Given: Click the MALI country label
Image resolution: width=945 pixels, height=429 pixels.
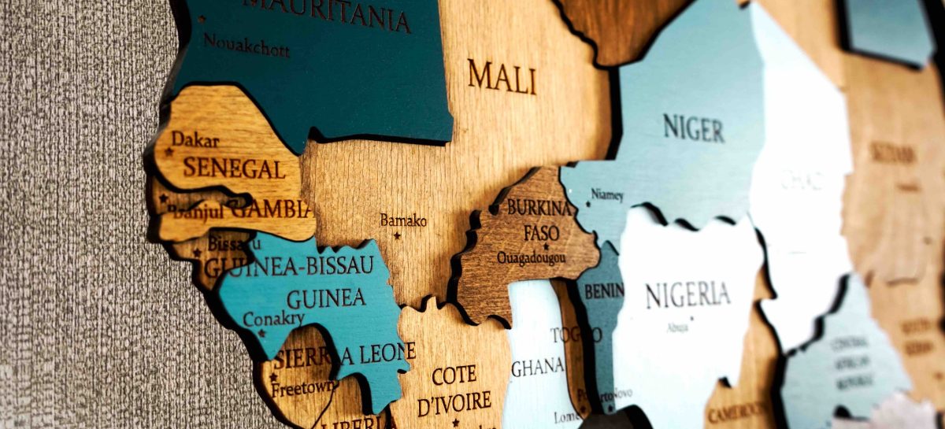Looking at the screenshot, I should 502,76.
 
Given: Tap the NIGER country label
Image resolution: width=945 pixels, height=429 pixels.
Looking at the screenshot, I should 693,127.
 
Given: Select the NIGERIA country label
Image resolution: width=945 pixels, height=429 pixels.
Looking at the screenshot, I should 687,295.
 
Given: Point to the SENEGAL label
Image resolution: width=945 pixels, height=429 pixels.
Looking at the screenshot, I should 234,168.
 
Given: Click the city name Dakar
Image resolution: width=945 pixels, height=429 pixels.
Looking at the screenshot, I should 195,140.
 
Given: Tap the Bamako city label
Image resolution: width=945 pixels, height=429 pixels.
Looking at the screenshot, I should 403,220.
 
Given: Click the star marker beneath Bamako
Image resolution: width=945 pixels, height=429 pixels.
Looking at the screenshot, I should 397,235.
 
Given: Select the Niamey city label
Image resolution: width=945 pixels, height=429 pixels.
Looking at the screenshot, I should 606,194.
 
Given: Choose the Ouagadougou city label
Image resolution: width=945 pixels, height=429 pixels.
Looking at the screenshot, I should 533,258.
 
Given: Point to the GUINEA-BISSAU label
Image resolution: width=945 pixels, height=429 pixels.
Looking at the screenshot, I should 289,266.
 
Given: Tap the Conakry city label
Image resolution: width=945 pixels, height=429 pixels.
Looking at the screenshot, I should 273,319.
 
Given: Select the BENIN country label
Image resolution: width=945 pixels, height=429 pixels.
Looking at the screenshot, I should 603,290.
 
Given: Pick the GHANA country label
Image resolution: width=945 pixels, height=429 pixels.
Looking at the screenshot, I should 538,367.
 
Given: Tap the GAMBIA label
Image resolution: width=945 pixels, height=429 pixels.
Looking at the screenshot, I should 272,209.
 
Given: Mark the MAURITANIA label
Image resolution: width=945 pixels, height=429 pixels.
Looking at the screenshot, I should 327,12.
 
